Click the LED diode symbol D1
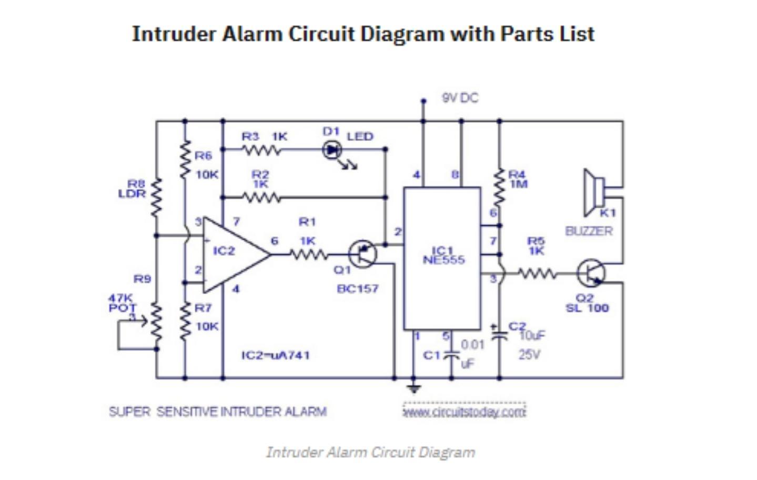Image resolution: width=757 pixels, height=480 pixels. click(331, 150)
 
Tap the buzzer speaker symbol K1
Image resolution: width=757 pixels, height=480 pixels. click(594, 193)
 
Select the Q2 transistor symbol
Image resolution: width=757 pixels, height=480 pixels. click(591, 273)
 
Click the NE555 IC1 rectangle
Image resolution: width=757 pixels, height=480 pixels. click(442, 258)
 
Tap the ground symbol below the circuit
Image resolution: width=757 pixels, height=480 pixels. click(414, 389)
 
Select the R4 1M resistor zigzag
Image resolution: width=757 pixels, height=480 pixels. click(499, 188)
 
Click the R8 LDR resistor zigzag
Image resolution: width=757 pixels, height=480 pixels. click(156, 197)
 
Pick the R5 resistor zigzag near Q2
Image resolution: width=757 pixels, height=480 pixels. click(537, 273)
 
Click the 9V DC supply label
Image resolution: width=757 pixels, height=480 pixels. click(460, 98)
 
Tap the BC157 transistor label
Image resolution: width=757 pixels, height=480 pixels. click(357, 288)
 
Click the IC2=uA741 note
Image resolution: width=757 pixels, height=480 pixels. click(275, 355)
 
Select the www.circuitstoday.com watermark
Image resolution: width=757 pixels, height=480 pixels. click(464, 412)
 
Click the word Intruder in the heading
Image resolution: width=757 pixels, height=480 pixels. click(174, 34)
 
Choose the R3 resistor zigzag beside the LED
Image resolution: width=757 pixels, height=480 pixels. click(261, 150)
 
